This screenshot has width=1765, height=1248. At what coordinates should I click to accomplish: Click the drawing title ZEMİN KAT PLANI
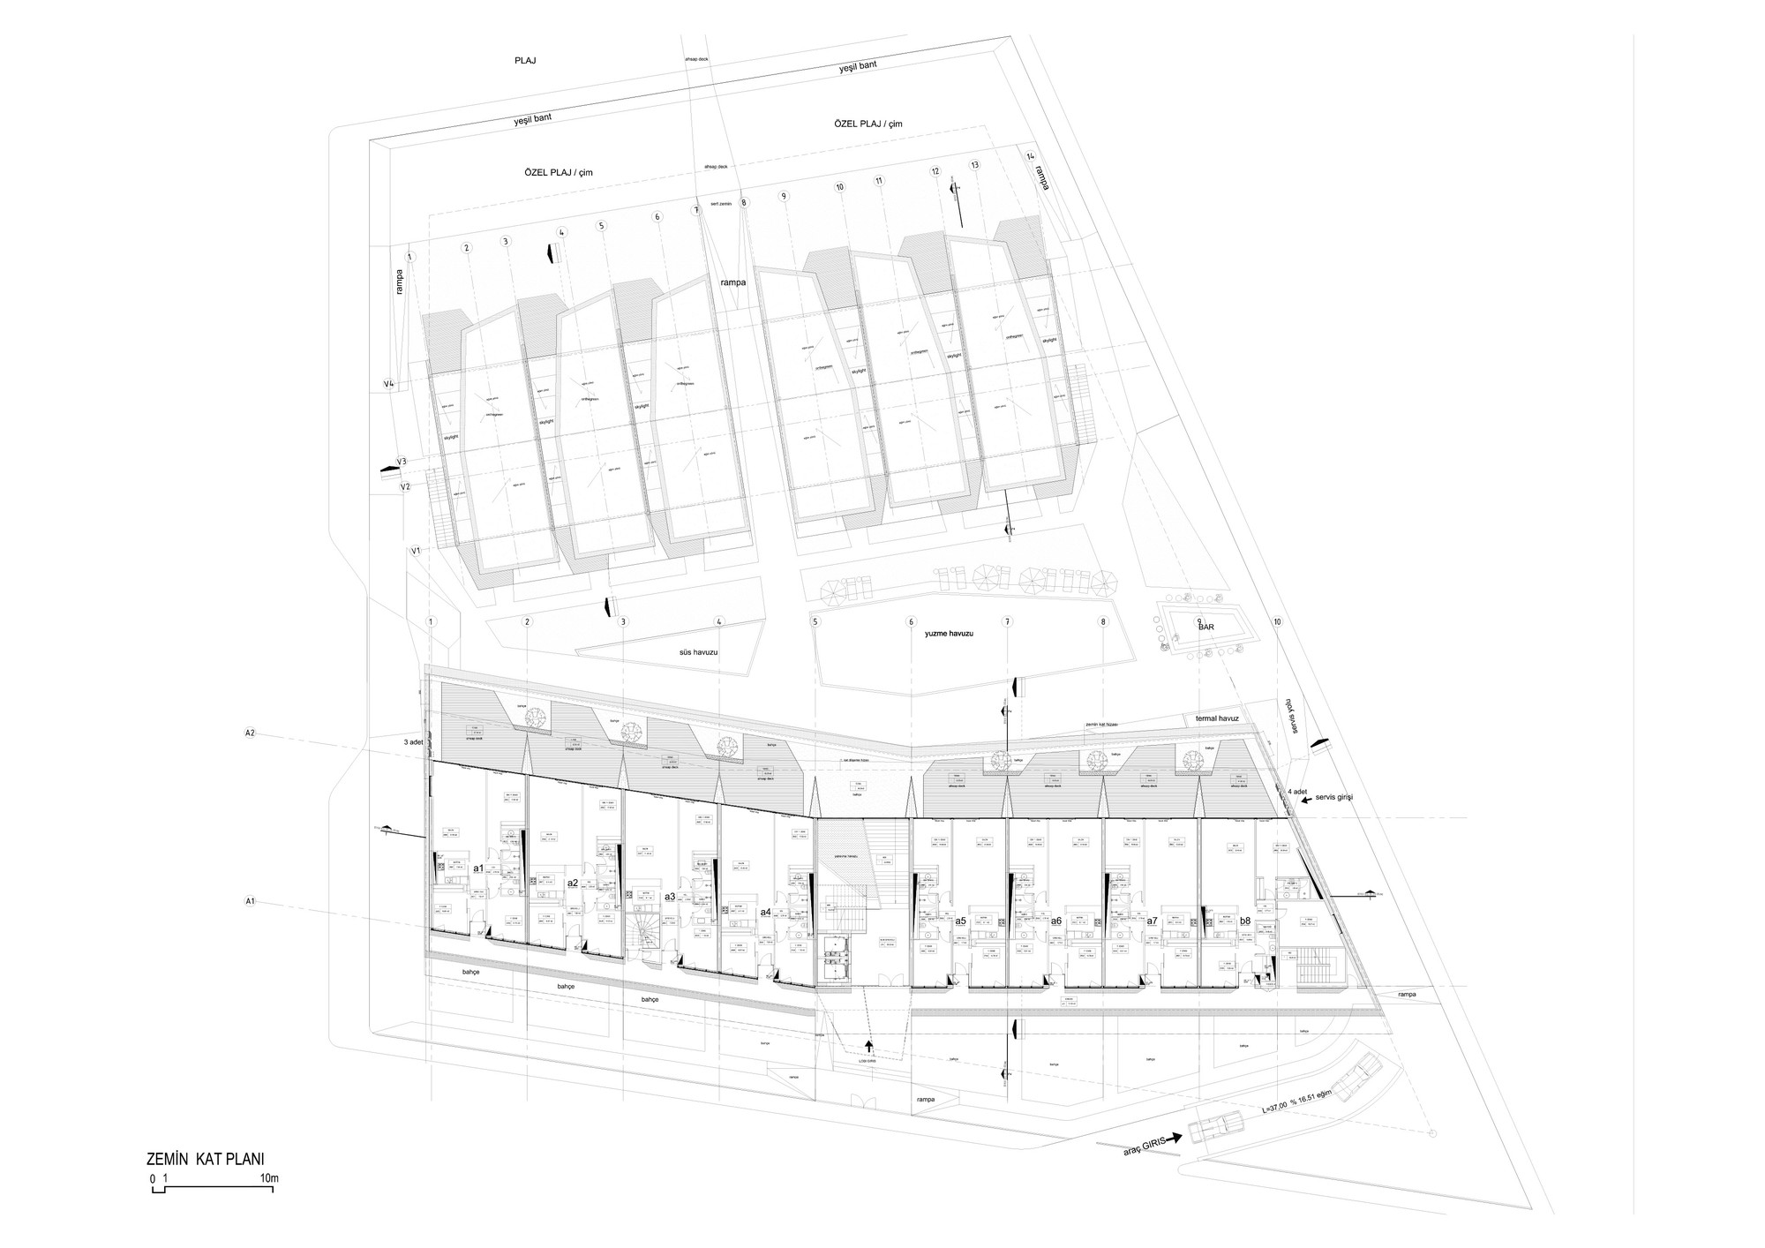[x=205, y=1158]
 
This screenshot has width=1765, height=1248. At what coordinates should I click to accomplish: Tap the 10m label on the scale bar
[x=269, y=1178]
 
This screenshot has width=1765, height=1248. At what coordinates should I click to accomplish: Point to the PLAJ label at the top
[x=525, y=61]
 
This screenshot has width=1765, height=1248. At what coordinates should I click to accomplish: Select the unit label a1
[x=478, y=868]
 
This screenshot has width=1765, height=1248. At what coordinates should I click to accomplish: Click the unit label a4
[x=765, y=912]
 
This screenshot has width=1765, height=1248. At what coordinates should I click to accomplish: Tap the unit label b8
[x=1245, y=921]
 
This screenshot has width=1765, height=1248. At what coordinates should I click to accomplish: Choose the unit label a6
[x=1055, y=921]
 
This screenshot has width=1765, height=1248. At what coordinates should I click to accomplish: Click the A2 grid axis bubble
[x=250, y=733]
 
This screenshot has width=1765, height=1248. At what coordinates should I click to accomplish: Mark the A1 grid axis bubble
[x=250, y=901]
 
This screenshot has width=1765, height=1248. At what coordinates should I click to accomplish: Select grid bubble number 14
[x=1030, y=156]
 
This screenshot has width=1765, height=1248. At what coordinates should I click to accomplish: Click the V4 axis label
[x=388, y=383]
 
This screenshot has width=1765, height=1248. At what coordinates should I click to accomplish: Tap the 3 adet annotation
[x=414, y=742]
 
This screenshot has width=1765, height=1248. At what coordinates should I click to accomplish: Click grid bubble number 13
[x=974, y=165]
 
